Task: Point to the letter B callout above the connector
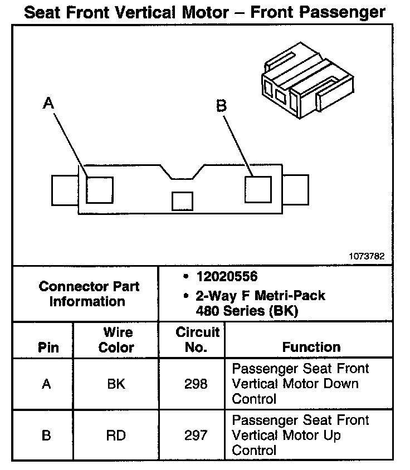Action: pyautogui.click(x=221, y=105)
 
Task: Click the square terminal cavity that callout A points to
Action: pyautogui.click(x=100, y=190)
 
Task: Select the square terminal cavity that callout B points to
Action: pyautogui.click(x=258, y=189)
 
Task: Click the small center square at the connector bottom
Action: pyautogui.click(x=182, y=201)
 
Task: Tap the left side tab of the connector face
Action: pyautogui.click(x=64, y=190)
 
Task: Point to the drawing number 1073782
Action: pyautogui.click(x=367, y=257)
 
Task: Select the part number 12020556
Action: pyautogui.click(x=226, y=277)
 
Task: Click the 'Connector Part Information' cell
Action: pyautogui.click(x=89, y=294)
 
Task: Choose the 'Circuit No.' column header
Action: pyautogui.click(x=197, y=340)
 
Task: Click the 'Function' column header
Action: pyautogui.click(x=311, y=347)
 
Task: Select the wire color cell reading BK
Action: pyautogui.click(x=116, y=384)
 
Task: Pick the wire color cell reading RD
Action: pyautogui.click(x=116, y=435)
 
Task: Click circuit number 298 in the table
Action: pyautogui.click(x=196, y=384)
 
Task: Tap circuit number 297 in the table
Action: pyautogui.click(x=196, y=435)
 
